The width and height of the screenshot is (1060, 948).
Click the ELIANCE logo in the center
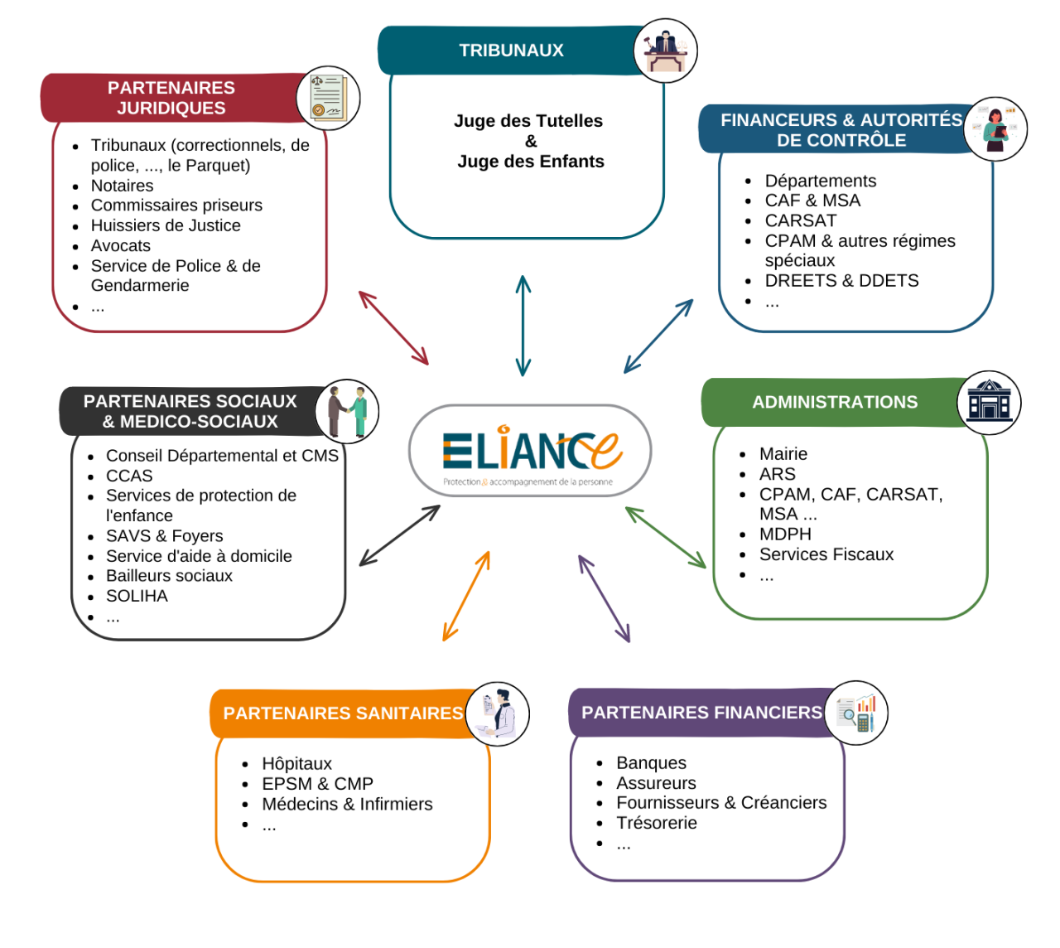pyautogui.click(x=530, y=452)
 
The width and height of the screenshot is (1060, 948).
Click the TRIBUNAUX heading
pyautogui.click(x=511, y=51)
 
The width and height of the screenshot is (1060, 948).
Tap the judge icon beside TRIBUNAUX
pyautogui.click(x=666, y=51)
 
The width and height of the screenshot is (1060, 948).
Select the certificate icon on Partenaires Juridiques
pyautogui.click(x=329, y=99)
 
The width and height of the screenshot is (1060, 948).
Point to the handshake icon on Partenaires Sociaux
pyautogui.click(x=347, y=411)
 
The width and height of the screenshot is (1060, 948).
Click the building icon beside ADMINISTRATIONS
pyautogui.click(x=989, y=403)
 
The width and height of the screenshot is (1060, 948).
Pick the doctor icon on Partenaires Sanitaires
pyautogui.click(x=497, y=713)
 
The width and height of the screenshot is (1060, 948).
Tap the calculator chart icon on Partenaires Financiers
pyautogui.click(x=856, y=713)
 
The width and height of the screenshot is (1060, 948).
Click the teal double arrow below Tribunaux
pyautogui.click(x=523, y=326)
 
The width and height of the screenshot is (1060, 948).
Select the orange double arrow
pyautogui.click(x=466, y=596)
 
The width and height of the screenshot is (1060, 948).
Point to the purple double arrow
pyautogui.click(x=604, y=598)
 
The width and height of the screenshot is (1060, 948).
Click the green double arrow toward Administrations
pyautogui.click(x=666, y=537)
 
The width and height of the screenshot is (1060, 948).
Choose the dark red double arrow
pyautogui.click(x=393, y=327)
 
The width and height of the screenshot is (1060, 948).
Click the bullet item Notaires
pyautogui.click(x=123, y=186)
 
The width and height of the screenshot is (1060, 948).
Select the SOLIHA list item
pyautogui.click(x=137, y=596)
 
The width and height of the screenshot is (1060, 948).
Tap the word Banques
pyautogui.click(x=651, y=762)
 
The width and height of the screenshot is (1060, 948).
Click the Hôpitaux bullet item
pyautogui.click(x=296, y=763)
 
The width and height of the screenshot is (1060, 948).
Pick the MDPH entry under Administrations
pyautogui.click(x=785, y=534)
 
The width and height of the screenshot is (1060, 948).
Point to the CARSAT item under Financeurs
pyautogui.click(x=801, y=220)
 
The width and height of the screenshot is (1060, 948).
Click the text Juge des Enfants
pyautogui.click(x=531, y=162)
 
